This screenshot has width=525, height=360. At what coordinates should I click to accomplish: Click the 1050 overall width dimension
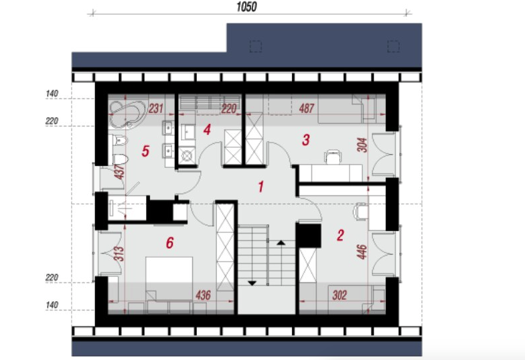246,7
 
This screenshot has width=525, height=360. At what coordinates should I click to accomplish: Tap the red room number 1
261,187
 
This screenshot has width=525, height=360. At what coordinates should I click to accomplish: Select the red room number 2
340,236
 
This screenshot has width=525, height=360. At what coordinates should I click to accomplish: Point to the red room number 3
305,140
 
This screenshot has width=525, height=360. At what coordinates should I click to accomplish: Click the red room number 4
208,130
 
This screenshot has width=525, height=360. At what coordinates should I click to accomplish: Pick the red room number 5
145,151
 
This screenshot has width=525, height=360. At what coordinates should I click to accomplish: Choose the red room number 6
170,243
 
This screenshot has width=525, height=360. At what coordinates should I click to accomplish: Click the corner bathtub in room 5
127,114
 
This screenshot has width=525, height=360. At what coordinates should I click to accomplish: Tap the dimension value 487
307,108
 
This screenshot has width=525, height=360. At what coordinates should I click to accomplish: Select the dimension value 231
155,108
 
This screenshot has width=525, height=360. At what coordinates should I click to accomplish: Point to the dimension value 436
203,295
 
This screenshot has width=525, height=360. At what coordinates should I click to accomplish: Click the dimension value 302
339,295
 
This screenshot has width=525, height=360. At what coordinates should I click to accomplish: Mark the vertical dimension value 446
362,252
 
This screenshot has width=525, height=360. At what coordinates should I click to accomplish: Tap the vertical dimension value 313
119,254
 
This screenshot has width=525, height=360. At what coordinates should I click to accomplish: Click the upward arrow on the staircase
281,242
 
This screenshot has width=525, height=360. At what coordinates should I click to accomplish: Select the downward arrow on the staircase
252,283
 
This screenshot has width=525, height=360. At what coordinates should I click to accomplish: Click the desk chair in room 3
333,157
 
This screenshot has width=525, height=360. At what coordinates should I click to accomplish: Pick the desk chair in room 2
360,211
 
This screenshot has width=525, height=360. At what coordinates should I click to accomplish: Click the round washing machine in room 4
186,155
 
